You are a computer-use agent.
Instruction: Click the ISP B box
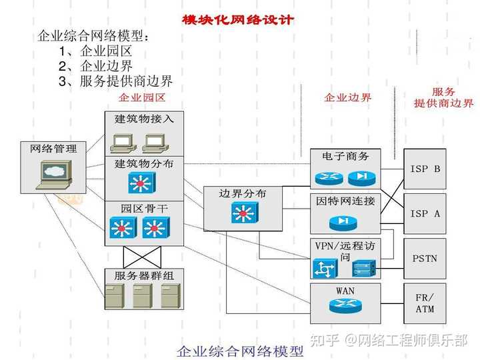click(425, 169)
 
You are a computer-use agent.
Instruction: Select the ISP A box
click(425, 214)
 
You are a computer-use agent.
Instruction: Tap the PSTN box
click(425, 259)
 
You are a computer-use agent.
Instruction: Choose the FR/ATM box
click(425, 303)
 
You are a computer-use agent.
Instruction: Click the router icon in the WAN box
click(345, 305)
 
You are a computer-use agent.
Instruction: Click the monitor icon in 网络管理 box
click(54, 175)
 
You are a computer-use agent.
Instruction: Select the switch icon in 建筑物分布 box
click(141, 183)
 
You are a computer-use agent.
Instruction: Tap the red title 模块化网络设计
click(238, 20)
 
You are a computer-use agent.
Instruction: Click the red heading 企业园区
click(142, 97)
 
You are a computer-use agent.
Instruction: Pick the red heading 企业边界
click(347, 97)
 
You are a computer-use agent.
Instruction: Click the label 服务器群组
click(144, 275)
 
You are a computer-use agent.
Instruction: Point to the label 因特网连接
click(345, 201)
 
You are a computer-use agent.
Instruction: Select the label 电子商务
click(345, 156)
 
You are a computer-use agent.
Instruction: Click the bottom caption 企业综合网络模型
click(240, 351)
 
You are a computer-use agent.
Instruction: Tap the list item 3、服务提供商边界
click(116, 81)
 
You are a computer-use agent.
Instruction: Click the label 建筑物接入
click(144, 119)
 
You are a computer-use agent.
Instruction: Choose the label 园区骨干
click(144, 209)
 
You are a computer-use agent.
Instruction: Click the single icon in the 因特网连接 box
click(343, 222)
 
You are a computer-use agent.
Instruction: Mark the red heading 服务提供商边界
click(443, 97)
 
